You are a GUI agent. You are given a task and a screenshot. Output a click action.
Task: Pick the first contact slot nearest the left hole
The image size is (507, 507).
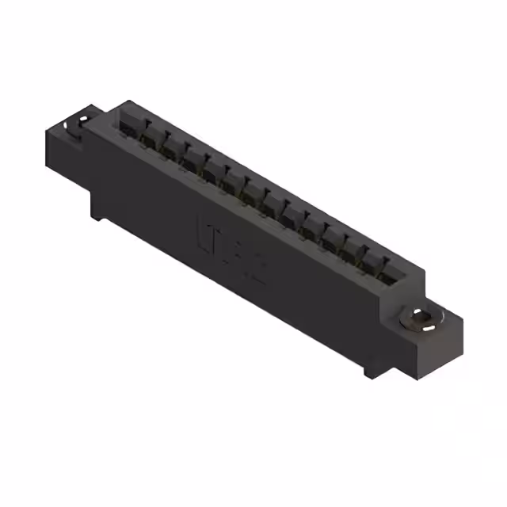pos(130,127)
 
